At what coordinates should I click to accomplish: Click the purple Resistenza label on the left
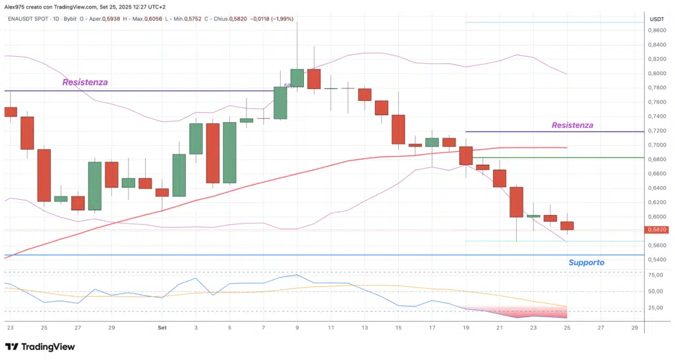[85, 82]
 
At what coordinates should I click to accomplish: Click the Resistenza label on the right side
[572, 125]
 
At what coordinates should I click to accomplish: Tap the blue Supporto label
[586, 262]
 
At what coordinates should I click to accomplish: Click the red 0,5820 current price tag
[657, 229]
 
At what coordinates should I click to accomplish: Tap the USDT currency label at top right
[657, 19]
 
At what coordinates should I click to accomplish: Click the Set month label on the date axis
[162, 327]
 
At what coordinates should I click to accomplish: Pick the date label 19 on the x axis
[467, 327]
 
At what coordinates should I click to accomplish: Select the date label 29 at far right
[634, 327]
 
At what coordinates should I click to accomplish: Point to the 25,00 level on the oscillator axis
[657, 308]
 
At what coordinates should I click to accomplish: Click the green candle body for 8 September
[280, 103]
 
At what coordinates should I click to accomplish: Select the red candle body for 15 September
[398, 129]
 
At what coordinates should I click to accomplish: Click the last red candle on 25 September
[567, 225]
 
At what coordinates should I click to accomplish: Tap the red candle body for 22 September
[516, 202]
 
